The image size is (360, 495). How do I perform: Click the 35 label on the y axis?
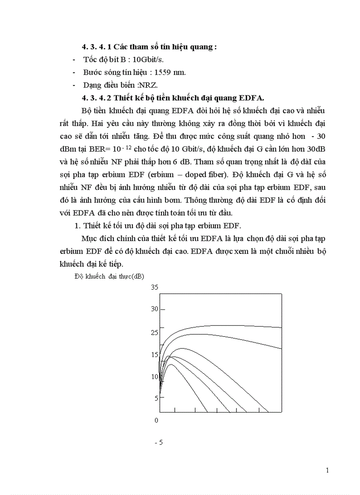coord(154,288)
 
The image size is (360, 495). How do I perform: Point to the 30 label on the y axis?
coord(154,309)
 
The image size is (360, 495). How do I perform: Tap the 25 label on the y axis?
coord(154,332)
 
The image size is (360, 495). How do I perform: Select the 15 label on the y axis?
coord(154,355)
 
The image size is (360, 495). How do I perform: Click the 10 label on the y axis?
coord(154,377)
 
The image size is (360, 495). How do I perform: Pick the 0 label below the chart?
coord(156,420)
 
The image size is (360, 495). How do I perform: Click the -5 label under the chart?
coord(159,442)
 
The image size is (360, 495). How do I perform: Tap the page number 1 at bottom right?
coord(327,470)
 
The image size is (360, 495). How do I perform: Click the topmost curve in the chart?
coord(221,326)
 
